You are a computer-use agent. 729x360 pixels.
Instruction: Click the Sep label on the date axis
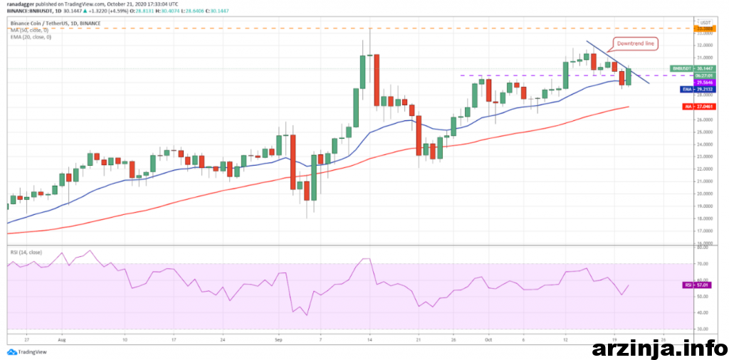point(279,340)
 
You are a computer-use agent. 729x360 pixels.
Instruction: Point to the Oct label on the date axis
point(488,340)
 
